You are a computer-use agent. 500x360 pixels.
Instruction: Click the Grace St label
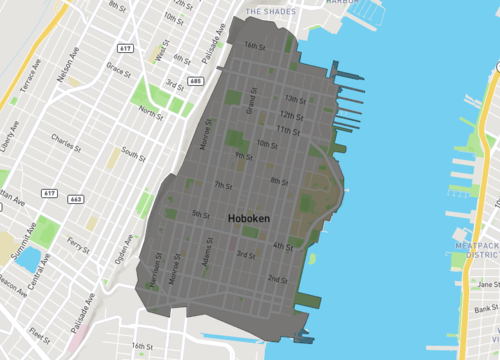(x=119, y=70)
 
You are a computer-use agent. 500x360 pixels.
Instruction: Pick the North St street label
(x=151, y=111)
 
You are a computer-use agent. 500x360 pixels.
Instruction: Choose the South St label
(x=134, y=154)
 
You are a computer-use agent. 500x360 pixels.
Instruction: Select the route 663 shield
(x=76, y=200)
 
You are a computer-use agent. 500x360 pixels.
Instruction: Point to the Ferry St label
(x=77, y=243)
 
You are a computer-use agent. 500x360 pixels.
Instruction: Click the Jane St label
(x=487, y=285)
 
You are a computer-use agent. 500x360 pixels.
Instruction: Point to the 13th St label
(x=294, y=99)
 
